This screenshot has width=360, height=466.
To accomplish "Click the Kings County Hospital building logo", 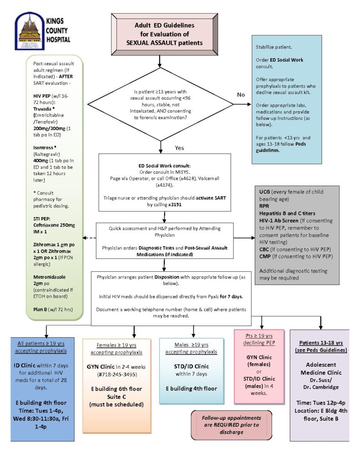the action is pyautogui.click(x=29, y=31).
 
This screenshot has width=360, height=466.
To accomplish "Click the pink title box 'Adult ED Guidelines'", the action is pyautogui.click(x=164, y=34).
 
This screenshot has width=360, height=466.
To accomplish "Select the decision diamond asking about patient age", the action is pyautogui.click(x=161, y=104).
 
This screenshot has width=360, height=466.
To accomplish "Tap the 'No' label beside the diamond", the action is pyautogui.click(x=241, y=95).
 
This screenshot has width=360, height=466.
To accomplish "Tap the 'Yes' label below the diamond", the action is pyautogui.click(x=179, y=148).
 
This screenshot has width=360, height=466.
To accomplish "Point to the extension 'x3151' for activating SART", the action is pyautogui.click(x=175, y=204).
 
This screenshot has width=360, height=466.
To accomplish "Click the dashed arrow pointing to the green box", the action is pyautogui.click(x=89, y=238).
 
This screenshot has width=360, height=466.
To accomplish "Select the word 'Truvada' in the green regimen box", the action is pyautogui.click(x=42, y=109).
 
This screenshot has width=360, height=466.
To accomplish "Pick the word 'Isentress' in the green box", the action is pyautogui.click(x=43, y=148).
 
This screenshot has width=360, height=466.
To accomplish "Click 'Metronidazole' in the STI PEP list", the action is pyautogui.click(x=49, y=277).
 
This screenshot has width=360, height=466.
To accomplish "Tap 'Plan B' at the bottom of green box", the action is pyautogui.click(x=40, y=309).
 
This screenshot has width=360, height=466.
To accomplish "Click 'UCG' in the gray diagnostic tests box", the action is pyautogui.click(x=264, y=192).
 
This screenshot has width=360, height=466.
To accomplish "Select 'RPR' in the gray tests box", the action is pyautogui.click(x=264, y=206).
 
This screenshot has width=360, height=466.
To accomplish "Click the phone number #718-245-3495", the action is pyautogui.click(x=117, y=375).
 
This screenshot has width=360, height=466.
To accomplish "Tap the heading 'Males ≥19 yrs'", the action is pyautogui.click(x=191, y=345).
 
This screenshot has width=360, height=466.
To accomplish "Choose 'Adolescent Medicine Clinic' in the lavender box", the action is pyautogui.click(x=321, y=369).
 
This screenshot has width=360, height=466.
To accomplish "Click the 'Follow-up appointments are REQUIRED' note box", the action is pyautogui.click(x=231, y=425).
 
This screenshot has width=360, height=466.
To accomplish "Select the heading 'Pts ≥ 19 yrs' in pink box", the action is pyautogui.click(x=259, y=336).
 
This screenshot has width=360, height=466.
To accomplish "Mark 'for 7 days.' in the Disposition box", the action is pyautogui.click(x=231, y=296).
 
